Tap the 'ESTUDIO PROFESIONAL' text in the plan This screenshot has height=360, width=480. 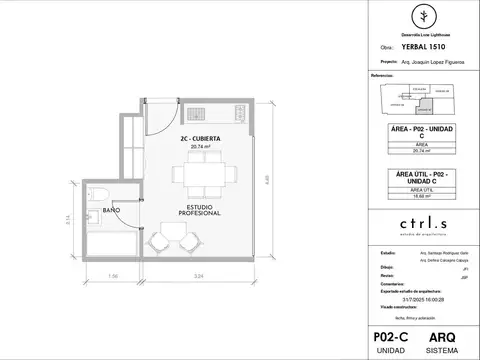(x=185, y=212)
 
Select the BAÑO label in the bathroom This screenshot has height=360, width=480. (x=110, y=212)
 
